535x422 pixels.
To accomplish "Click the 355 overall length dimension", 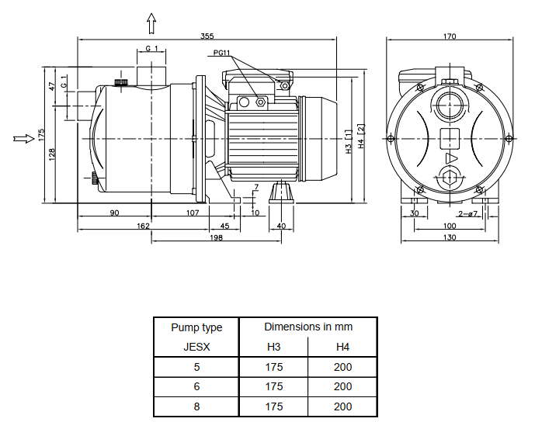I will pos(207,36).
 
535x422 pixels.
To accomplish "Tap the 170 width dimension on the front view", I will pos(450,36).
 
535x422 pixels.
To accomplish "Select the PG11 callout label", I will pos(222,53).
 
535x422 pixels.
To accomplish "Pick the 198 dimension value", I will pos(216,237).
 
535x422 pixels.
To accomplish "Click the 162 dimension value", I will pos(144,226).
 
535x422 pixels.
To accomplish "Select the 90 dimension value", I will pos(113,213).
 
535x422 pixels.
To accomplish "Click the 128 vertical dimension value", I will pos(52,154).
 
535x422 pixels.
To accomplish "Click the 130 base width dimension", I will pos(450,237).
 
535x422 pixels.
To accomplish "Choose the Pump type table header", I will pos(196,327).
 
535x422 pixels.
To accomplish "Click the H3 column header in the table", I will pos(274,347).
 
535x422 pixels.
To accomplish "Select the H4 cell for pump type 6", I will pos(342,386).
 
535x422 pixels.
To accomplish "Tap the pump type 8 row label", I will pos(196,406).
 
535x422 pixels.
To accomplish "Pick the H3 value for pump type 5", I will pos(274,367).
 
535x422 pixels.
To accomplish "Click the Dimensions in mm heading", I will pos(308,327).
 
